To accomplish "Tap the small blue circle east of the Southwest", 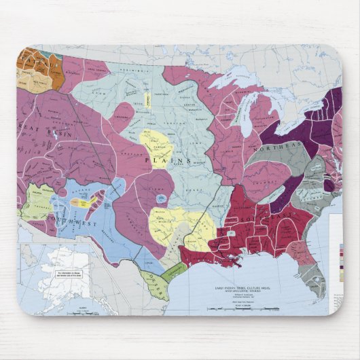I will (x=160, y=198).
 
